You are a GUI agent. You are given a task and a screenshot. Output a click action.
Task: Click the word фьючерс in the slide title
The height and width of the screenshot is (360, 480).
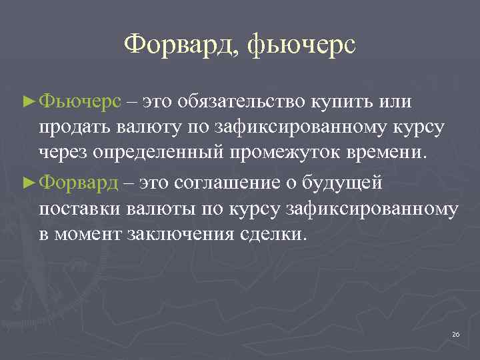pyautogui.click(x=302, y=46)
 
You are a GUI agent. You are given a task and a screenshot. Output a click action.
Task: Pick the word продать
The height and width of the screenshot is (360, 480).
pyautogui.click(x=70, y=127)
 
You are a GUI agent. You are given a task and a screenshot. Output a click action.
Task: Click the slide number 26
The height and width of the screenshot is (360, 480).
pyautogui.click(x=456, y=333)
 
